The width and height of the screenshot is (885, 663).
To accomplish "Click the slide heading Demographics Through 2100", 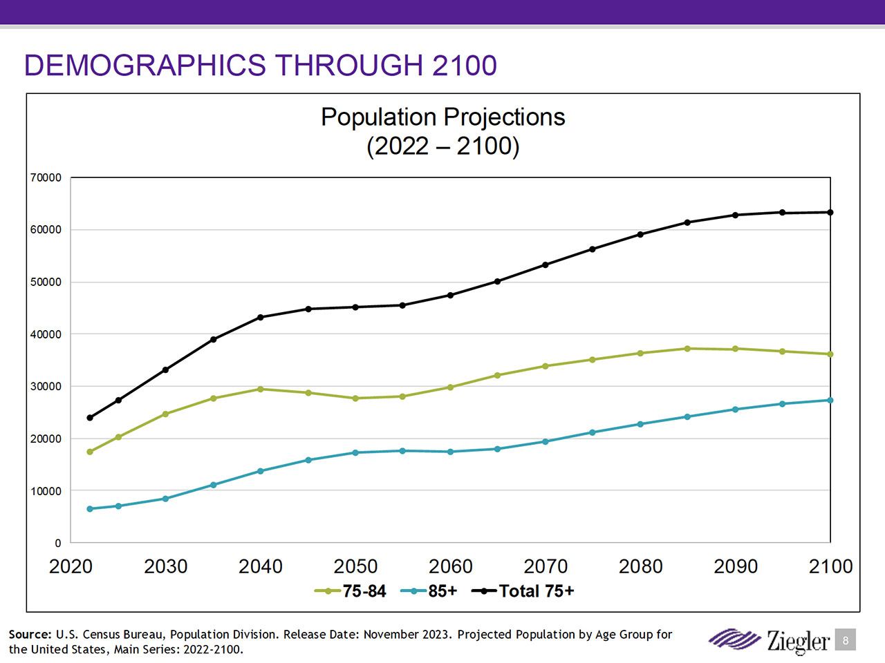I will point(260,66).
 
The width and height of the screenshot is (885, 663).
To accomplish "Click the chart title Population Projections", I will point(442,117).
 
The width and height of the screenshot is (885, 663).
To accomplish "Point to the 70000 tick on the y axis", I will point(46,177).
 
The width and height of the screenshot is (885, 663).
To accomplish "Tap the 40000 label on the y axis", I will point(46,334).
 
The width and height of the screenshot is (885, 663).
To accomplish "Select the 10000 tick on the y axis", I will point(46,491).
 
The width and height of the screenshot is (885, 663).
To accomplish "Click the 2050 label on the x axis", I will point(355,566).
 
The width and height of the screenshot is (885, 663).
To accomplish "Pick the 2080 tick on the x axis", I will point(640,566).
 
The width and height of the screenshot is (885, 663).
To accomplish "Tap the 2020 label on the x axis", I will point(71,566).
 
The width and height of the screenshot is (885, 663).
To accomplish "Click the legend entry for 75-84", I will point(351,591).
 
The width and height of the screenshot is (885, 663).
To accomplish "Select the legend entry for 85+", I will point(429,591).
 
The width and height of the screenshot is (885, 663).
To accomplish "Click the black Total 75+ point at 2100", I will point(830,212).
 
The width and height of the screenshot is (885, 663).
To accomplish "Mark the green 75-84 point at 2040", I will point(261,389).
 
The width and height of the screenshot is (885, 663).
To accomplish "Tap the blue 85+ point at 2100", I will point(830,400).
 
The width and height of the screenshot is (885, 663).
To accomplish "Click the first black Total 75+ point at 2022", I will point(90,418).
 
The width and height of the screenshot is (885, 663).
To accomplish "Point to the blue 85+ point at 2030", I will point(165,499).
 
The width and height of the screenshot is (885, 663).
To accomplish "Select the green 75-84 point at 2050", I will point(355,398).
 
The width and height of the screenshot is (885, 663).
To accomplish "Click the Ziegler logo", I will point(769,640).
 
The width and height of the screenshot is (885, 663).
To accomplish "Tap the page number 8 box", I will point(845,640).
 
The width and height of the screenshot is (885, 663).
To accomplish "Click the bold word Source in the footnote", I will point(29,634).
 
